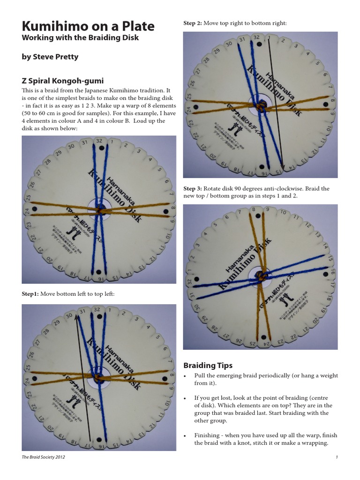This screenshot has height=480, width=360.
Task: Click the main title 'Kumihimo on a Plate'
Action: click(x=88, y=26)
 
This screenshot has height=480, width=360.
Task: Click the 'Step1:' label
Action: click(x=30, y=294)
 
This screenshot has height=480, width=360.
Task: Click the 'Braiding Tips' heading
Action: click(x=208, y=365)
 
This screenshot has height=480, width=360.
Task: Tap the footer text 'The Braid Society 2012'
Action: click(x=45, y=457)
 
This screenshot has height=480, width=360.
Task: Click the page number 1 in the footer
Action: click(x=337, y=457)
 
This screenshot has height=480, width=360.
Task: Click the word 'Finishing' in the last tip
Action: click(x=208, y=435)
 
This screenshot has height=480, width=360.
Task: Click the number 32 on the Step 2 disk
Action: click(x=256, y=37)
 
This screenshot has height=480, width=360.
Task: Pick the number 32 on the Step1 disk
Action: click(x=97, y=310)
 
